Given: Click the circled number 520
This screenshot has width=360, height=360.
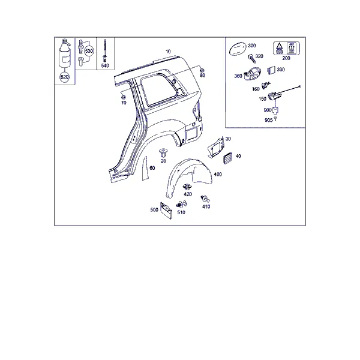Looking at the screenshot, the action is click(x=65, y=77).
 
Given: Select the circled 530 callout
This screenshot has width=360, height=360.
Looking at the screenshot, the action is click(x=89, y=51).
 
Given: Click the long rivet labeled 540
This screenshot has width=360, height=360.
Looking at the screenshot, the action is click(x=105, y=50).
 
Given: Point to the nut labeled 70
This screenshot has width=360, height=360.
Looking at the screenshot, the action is click(x=123, y=97).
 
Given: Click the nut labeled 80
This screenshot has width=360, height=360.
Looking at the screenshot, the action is click(x=202, y=70).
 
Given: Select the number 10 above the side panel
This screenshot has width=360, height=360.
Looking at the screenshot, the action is click(x=168, y=52).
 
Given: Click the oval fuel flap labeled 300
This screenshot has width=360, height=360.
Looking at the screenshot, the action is click(x=238, y=49).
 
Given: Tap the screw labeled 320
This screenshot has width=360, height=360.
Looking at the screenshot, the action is click(x=251, y=59).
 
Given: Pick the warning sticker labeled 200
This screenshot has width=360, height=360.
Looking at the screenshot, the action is click(x=287, y=48).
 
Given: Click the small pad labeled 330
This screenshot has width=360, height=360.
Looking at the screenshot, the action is click(x=271, y=70).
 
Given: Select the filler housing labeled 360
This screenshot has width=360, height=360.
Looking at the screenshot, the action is click(x=253, y=73).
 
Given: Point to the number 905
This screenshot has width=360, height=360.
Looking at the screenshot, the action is click(x=268, y=120).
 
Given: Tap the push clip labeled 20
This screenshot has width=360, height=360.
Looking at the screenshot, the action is click(x=163, y=152).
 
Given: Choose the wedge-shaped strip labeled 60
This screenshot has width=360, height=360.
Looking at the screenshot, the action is click(x=145, y=169).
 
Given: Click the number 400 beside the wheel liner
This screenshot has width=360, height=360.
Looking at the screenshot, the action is click(x=218, y=174).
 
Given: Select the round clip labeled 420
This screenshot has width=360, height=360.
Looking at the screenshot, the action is click(x=187, y=187).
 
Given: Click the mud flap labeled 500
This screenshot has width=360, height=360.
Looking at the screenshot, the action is click(x=166, y=211).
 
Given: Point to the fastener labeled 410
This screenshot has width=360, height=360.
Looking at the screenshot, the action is click(x=205, y=199).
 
